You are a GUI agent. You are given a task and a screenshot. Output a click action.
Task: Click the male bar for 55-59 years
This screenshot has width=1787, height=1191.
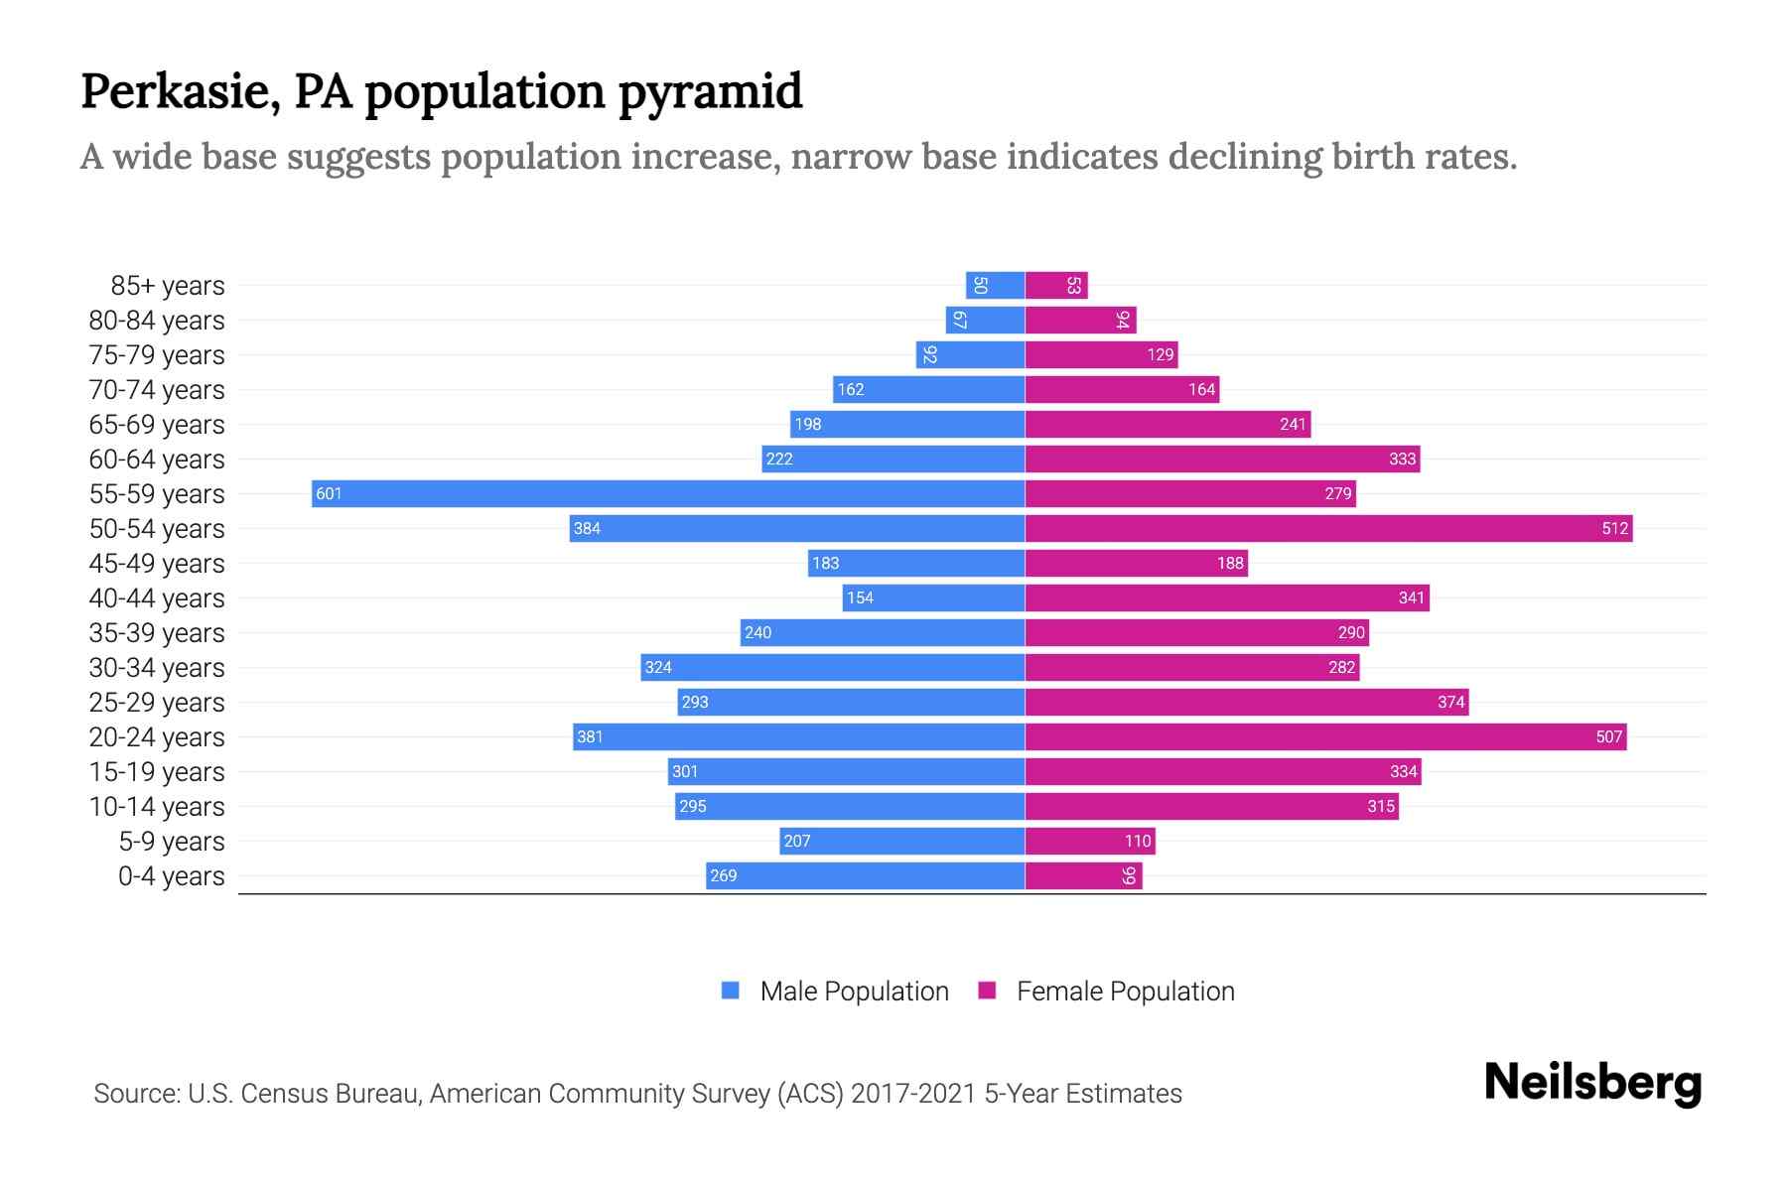point(667,493)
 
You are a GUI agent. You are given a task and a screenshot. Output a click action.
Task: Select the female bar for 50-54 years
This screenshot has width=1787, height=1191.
point(1328,528)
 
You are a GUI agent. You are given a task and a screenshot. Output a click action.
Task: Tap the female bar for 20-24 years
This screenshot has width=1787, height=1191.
point(1325,736)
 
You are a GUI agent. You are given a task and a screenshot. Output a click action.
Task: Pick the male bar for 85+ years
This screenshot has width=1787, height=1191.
point(995,285)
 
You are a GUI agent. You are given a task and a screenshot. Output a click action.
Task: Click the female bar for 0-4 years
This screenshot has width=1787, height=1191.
point(1083,875)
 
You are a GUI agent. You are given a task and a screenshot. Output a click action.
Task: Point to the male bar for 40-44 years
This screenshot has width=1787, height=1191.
point(933,597)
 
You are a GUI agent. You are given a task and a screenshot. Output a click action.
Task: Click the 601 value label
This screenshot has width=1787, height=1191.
point(329,493)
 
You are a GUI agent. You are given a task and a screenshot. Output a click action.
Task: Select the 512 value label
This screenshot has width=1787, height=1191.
point(1614,528)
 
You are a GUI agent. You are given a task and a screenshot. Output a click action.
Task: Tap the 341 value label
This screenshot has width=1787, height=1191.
point(1411,597)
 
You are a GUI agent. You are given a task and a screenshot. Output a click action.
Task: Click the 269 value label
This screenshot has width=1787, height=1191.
point(724,875)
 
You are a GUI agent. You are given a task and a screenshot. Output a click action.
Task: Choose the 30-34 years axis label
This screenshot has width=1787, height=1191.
point(157,667)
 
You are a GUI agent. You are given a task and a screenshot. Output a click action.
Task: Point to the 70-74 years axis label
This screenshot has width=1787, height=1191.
point(157,389)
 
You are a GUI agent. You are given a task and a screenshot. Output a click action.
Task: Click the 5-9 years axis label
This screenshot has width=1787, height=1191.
point(172,841)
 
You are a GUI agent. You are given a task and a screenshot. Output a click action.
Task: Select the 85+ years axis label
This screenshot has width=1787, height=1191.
point(168,285)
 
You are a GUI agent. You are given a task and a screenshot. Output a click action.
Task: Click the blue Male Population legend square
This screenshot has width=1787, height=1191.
point(731,991)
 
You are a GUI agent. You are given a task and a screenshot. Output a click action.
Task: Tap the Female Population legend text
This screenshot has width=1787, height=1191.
point(1125,991)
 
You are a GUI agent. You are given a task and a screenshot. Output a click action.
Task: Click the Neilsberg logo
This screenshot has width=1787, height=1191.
point(1592,1083)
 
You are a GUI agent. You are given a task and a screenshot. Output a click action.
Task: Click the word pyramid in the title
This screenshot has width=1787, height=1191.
point(710,92)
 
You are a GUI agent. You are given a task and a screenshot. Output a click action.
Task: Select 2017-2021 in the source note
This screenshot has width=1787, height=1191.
point(912,1094)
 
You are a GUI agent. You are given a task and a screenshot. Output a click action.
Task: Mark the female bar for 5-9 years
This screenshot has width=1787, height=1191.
point(1089,841)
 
